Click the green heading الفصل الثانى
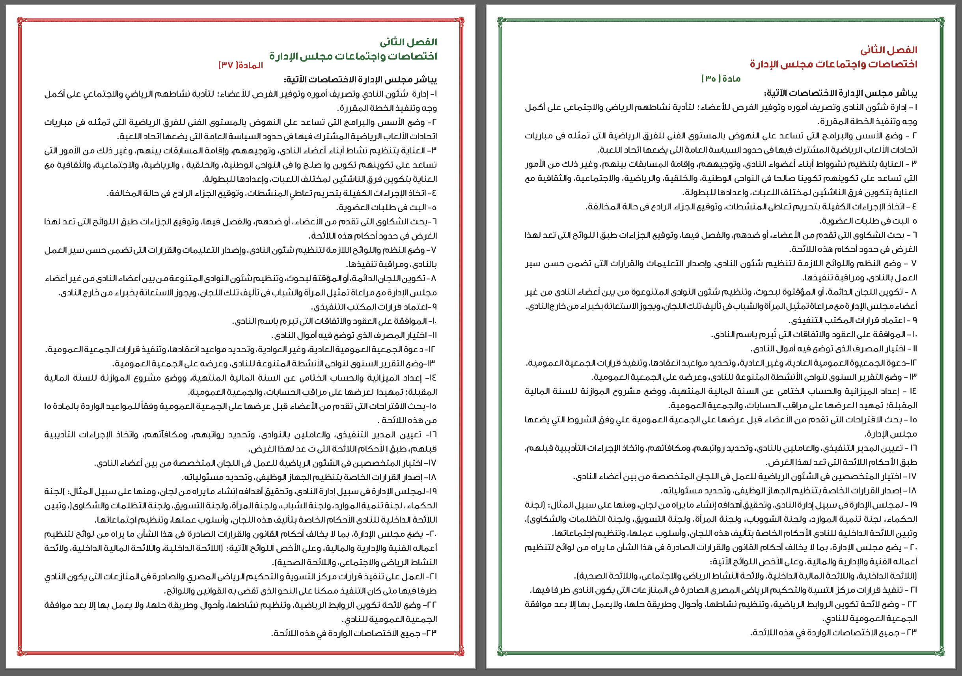pos(408,42)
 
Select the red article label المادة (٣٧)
pos(240,65)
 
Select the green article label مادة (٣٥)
pos(721,79)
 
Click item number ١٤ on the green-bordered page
pos(913,391)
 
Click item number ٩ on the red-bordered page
pos(434,307)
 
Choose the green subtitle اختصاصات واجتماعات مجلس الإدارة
pos(353,56)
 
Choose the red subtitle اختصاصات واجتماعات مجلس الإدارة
pos(833,64)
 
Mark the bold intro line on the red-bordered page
pos(360,80)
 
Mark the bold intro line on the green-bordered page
pos(841,93)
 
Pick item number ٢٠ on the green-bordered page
pos(912,548)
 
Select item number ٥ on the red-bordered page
pos(434,207)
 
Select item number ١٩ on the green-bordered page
pos(913,505)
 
